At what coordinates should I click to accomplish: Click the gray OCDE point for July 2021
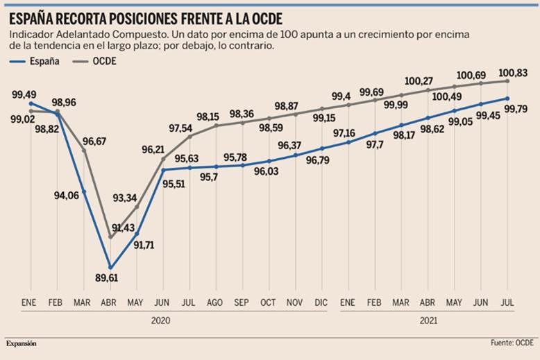tap(508, 81)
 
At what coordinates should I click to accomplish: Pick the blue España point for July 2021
tap(508, 98)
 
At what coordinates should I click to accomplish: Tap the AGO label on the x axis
tap(215, 303)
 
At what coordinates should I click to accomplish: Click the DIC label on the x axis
tap(321, 303)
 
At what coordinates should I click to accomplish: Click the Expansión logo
tap(22, 343)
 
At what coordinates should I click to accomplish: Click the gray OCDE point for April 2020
tap(110, 237)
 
